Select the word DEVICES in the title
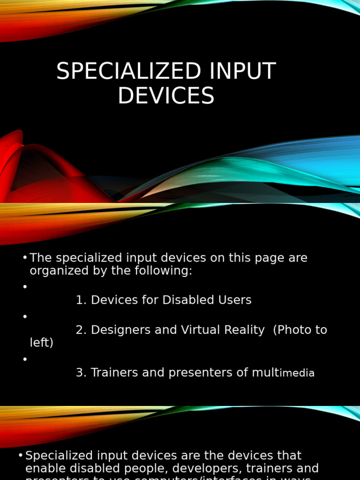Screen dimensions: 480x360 coord(166,96)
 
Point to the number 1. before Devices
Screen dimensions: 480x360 coord(81,300)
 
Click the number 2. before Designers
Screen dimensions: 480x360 coord(81,330)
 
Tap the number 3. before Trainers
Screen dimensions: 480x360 coord(81,373)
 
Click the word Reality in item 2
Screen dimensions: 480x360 coord(243,330)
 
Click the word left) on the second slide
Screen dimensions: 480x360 coord(42,343)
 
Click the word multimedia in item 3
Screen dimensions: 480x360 coord(283,373)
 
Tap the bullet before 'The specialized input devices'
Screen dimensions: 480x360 coord(25,258)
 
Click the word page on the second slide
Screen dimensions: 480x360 coord(266,258)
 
